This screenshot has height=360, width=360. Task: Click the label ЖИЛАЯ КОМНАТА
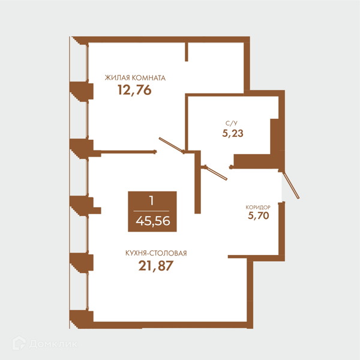click(135, 78)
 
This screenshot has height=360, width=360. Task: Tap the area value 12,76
click(134, 90)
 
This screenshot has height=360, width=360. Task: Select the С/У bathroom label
click(232, 123)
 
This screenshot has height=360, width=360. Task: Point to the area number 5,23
click(233, 133)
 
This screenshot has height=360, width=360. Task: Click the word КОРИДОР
click(258, 208)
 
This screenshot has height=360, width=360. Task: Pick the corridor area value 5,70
click(258, 216)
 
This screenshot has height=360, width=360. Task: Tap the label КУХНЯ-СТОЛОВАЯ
click(156, 253)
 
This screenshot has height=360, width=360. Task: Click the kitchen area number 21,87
click(155, 266)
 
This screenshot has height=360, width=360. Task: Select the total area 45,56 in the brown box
click(153, 221)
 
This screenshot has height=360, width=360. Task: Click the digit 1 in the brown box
click(151, 200)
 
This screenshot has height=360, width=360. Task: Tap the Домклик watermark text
click(53, 344)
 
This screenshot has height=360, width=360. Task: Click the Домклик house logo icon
click(19, 343)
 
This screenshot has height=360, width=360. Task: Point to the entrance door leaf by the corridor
click(291, 185)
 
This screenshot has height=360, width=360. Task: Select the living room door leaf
click(171, 145)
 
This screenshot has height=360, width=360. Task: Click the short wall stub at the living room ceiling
click(187, 52)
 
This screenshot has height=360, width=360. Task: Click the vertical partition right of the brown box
click(197, 182)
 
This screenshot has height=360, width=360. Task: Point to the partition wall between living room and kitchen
click(128, 152)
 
